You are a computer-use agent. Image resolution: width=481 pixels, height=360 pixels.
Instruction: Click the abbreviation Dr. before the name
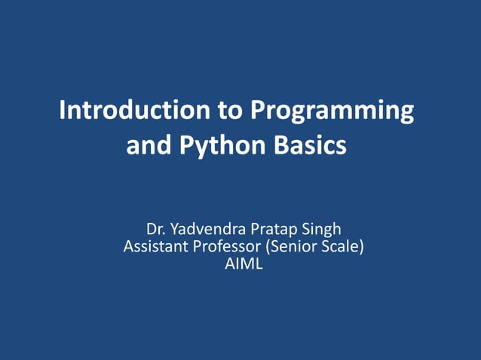156,229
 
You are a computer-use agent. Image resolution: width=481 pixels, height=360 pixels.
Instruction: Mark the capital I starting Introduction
62,111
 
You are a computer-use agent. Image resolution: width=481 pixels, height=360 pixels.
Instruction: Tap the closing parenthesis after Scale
361,246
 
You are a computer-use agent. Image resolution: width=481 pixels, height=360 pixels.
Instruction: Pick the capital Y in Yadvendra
175,229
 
